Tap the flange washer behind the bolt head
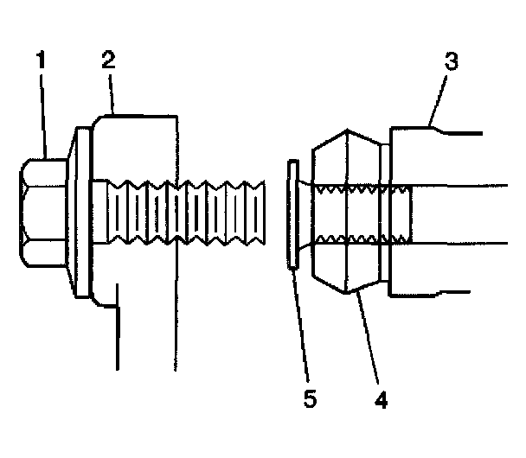(83, 212)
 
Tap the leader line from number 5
(300, 328)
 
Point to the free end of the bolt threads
(260, 212)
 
